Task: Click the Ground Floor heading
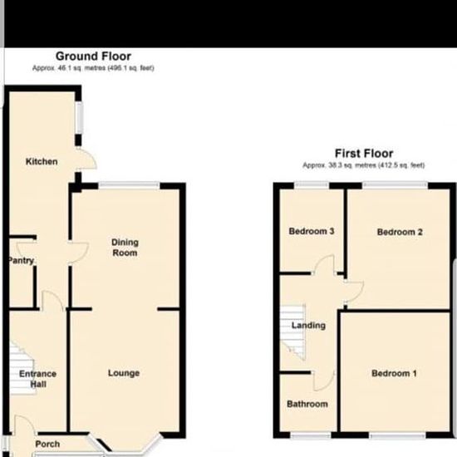(93, 57)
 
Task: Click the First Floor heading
(364, 154)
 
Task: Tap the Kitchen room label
(42, 161)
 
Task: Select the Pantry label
(21, 260)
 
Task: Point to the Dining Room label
(125, 248)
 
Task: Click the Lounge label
(124, 373)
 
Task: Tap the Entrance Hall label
(38, 379)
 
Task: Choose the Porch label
(47, 444)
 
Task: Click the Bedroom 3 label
(312, 231)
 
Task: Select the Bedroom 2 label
(400, 232)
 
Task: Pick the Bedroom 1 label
(394, 373)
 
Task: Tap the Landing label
(308, 325)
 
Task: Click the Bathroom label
(307, 404)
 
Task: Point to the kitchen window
(79, 118)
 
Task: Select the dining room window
(129, 185)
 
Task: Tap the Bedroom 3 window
(312, 185)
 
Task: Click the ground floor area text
(93, 68)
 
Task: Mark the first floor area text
(364, 165)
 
